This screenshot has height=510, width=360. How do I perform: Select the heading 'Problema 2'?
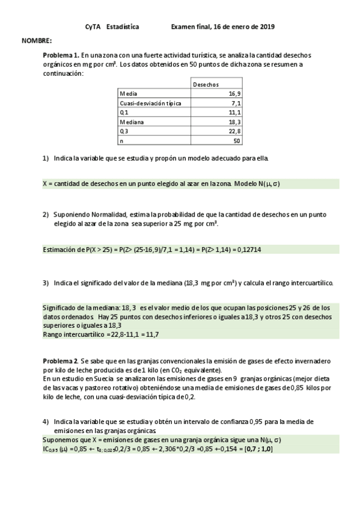click(x=61, y=360)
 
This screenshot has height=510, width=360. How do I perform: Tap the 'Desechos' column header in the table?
click(x=206, y=85)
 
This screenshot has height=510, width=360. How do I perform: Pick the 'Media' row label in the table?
click(x=128, y=94)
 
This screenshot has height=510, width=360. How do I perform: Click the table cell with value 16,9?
click(x=234, y=94)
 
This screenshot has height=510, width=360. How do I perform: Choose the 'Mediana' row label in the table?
click(x=132, y=121)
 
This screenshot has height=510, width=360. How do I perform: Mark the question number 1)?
click(x=46, y=158)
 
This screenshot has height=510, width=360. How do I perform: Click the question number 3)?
click(x=46, y=283)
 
